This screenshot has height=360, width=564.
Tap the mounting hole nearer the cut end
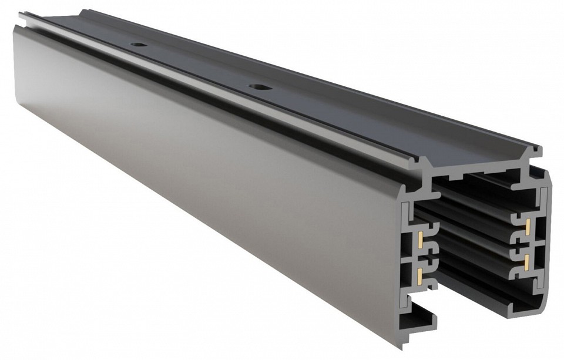coord(257,88)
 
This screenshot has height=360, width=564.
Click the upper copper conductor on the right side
coord(527,224)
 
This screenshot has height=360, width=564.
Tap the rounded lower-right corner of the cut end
coord(543,305)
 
